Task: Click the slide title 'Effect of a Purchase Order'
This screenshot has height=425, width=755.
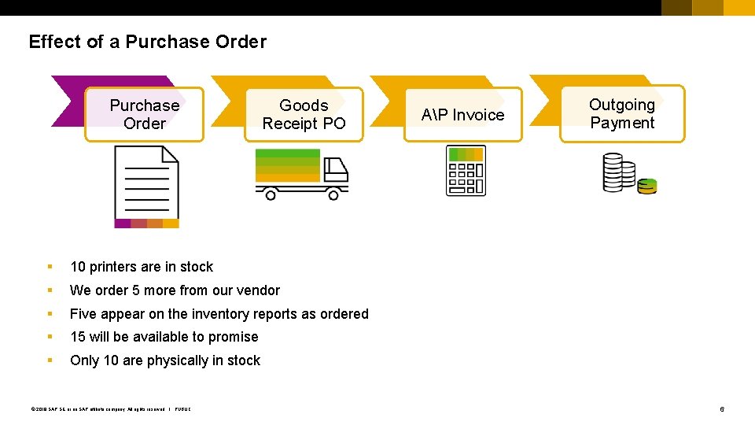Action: (147, 42)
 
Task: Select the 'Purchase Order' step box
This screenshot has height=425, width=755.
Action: (144, 114)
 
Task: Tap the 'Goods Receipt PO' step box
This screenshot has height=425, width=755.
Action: (304, 114)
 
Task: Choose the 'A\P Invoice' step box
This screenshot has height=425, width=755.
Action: (462, 115)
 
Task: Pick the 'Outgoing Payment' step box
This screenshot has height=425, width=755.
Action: (621, 113)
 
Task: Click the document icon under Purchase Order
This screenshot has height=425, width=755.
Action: (146, 187)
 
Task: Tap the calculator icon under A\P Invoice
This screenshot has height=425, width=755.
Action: (466, 170)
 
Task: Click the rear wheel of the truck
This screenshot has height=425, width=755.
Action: (271, 194)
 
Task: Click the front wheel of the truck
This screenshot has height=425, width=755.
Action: (333, 194)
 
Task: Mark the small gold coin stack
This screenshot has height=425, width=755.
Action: (647, 186)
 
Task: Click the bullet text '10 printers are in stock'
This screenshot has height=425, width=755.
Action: (142, 267)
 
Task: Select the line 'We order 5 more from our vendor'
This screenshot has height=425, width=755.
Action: (175, 290)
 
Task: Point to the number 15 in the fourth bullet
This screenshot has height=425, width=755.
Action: (78, 337)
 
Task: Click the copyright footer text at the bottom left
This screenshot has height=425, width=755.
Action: (111, 408)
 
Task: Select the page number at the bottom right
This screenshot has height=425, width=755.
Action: (722, 409)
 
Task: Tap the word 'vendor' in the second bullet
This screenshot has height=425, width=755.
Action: (259, 290)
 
